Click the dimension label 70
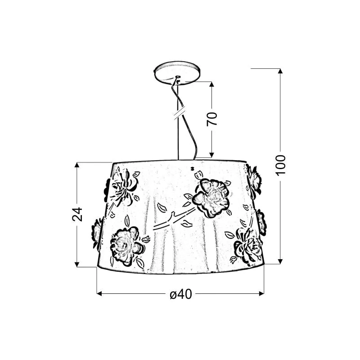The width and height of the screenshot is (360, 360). click(x=211, y=119)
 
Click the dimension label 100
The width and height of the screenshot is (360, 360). click(x=280, y=165)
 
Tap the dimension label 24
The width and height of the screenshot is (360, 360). click(x=77, y=214)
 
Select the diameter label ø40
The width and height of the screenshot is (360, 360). click(x=181, y=294)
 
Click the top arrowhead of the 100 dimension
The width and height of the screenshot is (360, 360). click(x=280, y=71)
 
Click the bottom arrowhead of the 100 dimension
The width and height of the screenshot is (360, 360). click(x=280, y=261)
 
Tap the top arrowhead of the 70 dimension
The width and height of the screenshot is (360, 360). click(x=211, y=84)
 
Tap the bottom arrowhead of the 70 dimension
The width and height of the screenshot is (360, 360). click(x=211, y=155)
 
